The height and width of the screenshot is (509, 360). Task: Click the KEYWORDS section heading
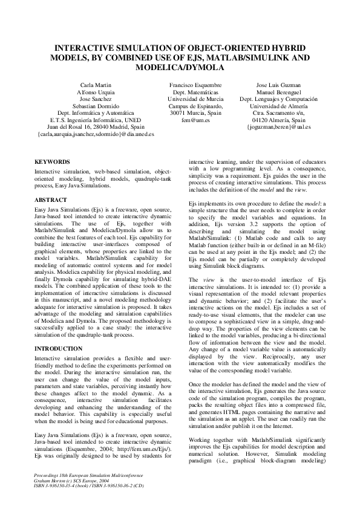pos(53,162)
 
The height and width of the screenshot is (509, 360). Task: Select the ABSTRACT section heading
pos(51,199)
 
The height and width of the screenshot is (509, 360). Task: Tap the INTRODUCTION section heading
pos(58,349)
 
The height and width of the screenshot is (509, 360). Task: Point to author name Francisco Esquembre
pos(195,85)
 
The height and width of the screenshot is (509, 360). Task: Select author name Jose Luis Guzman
pos(278,85)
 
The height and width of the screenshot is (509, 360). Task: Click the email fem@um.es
pos(195,120)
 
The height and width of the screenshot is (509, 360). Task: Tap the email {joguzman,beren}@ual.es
pos(278,128)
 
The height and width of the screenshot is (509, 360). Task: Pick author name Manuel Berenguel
pos(278,92)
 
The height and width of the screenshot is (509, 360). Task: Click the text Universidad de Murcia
pos(195,99)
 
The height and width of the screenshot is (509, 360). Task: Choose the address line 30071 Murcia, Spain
pos(195,113)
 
